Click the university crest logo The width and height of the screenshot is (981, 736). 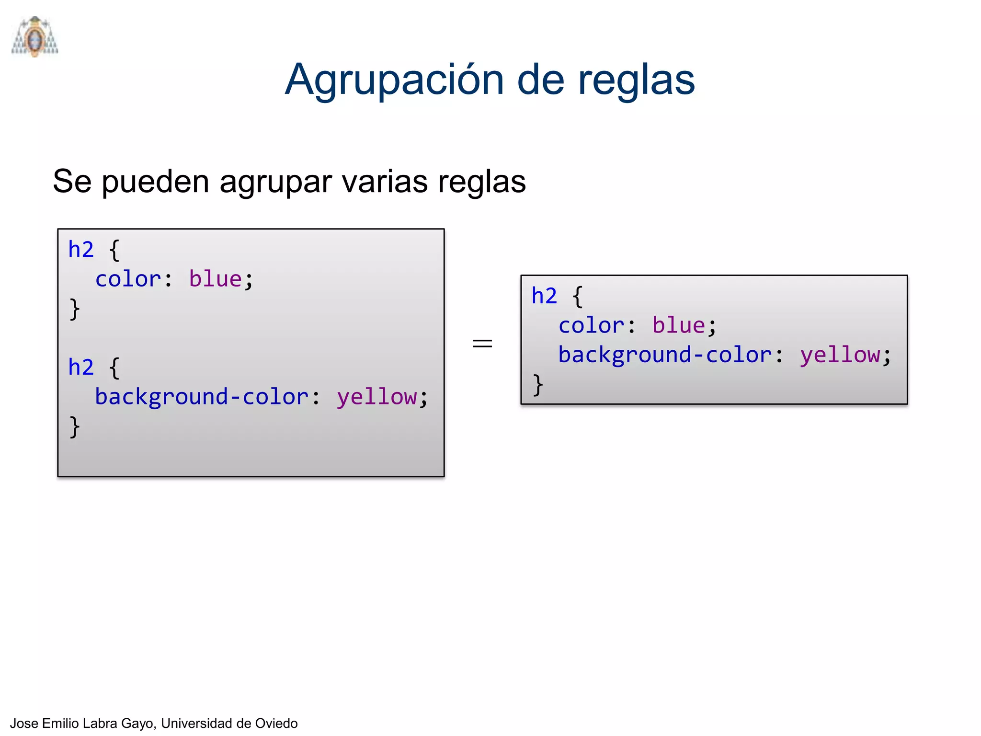coord(35,37)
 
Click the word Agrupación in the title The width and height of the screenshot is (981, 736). coord(394,80)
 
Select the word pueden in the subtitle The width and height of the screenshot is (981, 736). coord(155,182)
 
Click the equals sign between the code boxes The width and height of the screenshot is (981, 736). coord(482,343)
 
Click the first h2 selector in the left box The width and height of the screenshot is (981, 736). coord(81,250)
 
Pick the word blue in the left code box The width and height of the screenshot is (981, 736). coord(215,279)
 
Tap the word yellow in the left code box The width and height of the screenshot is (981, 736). coord(376,397)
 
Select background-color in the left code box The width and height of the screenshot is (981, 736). coord(202,397)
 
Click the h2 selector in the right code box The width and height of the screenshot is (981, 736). coord(544,296)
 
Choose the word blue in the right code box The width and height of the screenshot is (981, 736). coord(678,325)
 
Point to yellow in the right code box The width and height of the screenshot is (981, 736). coord(840,355)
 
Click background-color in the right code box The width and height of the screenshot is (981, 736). coord(665,355)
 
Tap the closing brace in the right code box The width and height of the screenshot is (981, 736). coord(537,385)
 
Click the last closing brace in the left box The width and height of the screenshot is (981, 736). coord(74,426)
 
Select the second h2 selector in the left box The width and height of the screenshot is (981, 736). coord(81,368)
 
